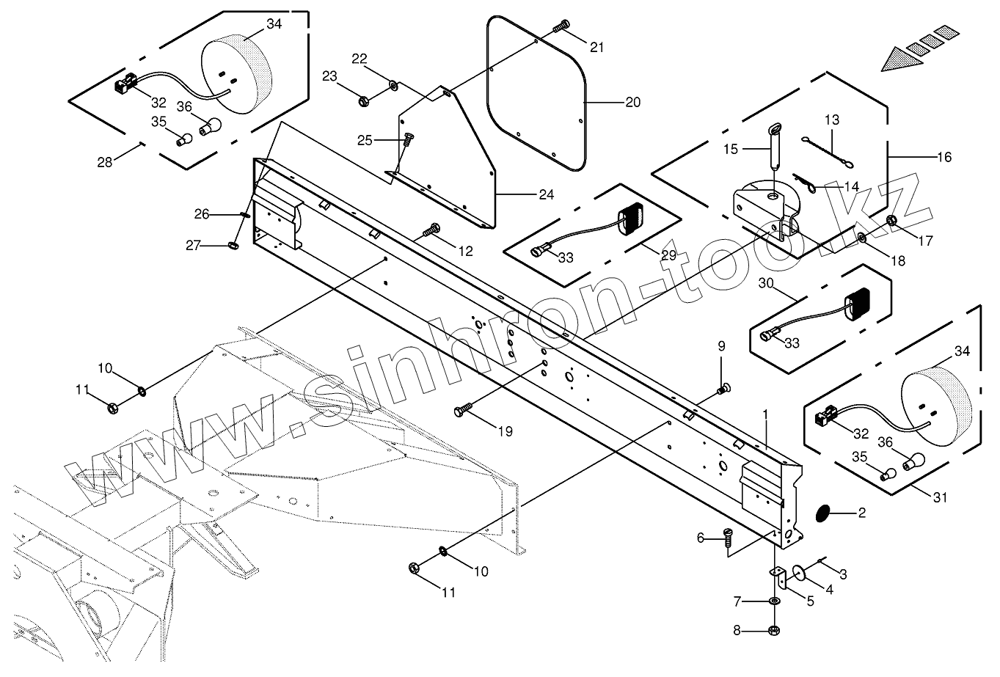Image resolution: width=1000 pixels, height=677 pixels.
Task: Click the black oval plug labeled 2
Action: click(822, 513)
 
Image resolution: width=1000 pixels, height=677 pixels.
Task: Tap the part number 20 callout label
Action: click(632, 102)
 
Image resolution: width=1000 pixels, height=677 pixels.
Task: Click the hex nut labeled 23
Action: click(364, 101)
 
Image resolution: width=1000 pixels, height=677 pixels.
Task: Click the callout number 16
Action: click(944, 157)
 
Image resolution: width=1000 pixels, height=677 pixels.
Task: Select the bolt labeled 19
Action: click(464, 409)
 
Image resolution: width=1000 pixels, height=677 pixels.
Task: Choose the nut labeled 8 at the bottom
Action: click(774, 630)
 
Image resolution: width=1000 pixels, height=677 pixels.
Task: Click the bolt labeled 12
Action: click(431, 230)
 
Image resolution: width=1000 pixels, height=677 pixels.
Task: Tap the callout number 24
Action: click(546, 194)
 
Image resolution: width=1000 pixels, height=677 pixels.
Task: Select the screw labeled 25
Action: click(408, 140)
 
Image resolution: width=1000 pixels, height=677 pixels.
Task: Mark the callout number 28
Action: click(104, 162)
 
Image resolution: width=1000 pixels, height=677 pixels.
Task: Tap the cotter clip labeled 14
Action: click(804, 183)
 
